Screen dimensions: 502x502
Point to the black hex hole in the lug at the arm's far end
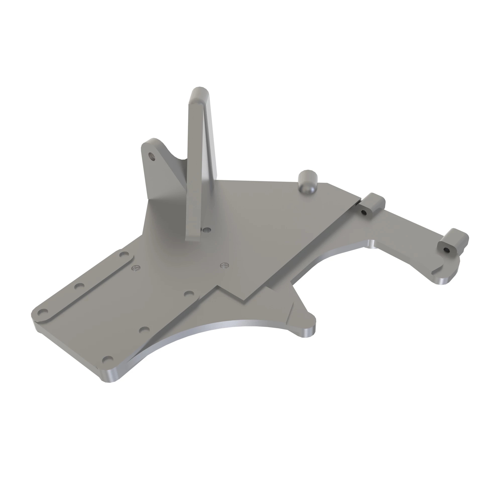tap(446, 250)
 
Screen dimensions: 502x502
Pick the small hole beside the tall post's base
tap(207, 230)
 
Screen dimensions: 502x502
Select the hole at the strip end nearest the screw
tap(124, 254)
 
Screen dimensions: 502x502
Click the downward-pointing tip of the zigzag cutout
tap(243, 301)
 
